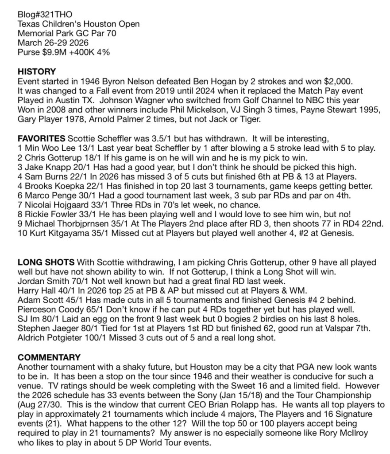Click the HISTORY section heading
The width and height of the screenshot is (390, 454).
(x=37, y=71)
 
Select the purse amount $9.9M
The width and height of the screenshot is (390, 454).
(x=51, y=52)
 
